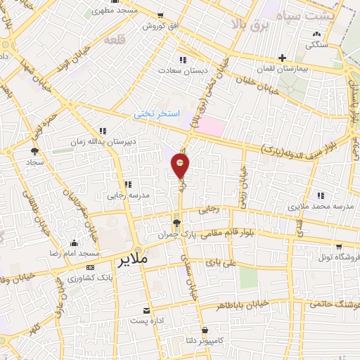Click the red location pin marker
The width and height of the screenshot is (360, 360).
pos(181,166)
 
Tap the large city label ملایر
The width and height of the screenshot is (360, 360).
pos(131,259)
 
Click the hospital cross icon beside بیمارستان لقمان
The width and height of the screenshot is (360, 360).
pos(283,58)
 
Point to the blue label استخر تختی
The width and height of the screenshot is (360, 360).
pos(158,112)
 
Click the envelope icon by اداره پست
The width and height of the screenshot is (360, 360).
pos(146,310)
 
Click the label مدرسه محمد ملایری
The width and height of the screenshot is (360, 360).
pos(321,208)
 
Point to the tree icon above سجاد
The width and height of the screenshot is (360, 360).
pos(34,150)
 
